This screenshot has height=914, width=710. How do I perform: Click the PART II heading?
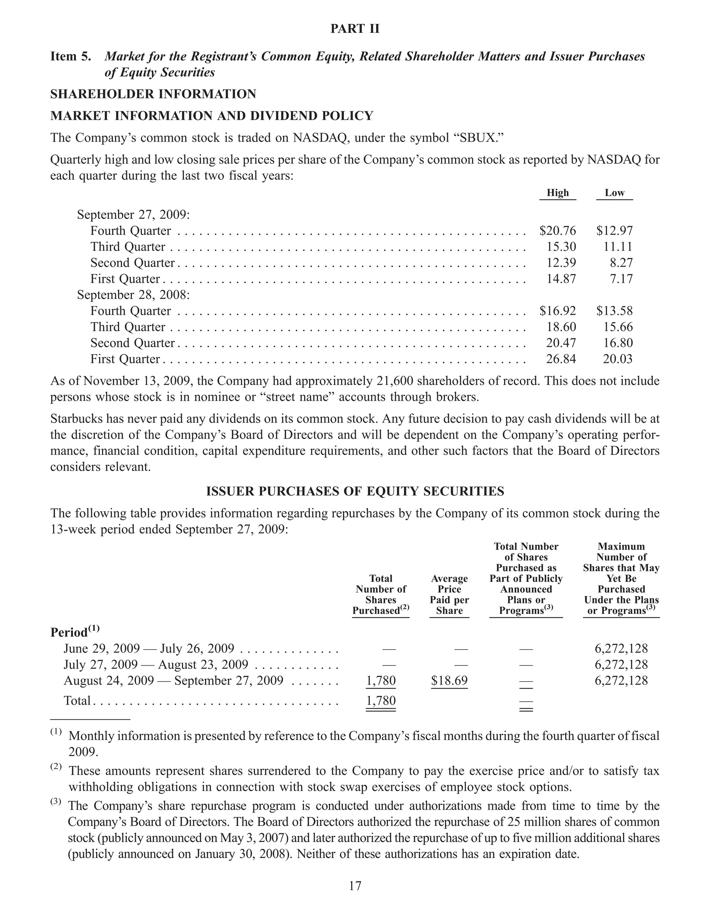[x=355, y=28]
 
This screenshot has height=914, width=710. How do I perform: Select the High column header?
[x=557, y=193]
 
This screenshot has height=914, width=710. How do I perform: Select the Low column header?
[x=614, y=193]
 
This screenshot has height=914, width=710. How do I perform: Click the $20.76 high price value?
[x=557, y=231]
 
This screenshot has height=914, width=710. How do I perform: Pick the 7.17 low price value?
[x=621, y=279]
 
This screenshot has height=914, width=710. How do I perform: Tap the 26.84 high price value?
[x=561, y=359]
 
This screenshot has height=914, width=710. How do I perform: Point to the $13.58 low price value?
[x=614, y=310]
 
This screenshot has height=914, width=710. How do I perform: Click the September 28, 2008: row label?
[x=133, y=295]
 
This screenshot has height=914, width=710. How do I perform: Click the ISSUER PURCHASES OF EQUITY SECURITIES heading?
[x=355, y=491]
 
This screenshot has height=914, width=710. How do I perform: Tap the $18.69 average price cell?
[x=449, y=680]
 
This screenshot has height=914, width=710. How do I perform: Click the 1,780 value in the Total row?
[x=381, y=701]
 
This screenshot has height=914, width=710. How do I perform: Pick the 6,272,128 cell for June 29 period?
[x=621, y=649]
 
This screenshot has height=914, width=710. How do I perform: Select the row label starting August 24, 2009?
[x=173, y=680]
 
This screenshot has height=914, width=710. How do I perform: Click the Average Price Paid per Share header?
[x=449, y=594]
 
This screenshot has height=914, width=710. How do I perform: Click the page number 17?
[x=355, y=886]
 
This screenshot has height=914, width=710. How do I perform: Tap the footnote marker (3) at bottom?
[x=56, y=802]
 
